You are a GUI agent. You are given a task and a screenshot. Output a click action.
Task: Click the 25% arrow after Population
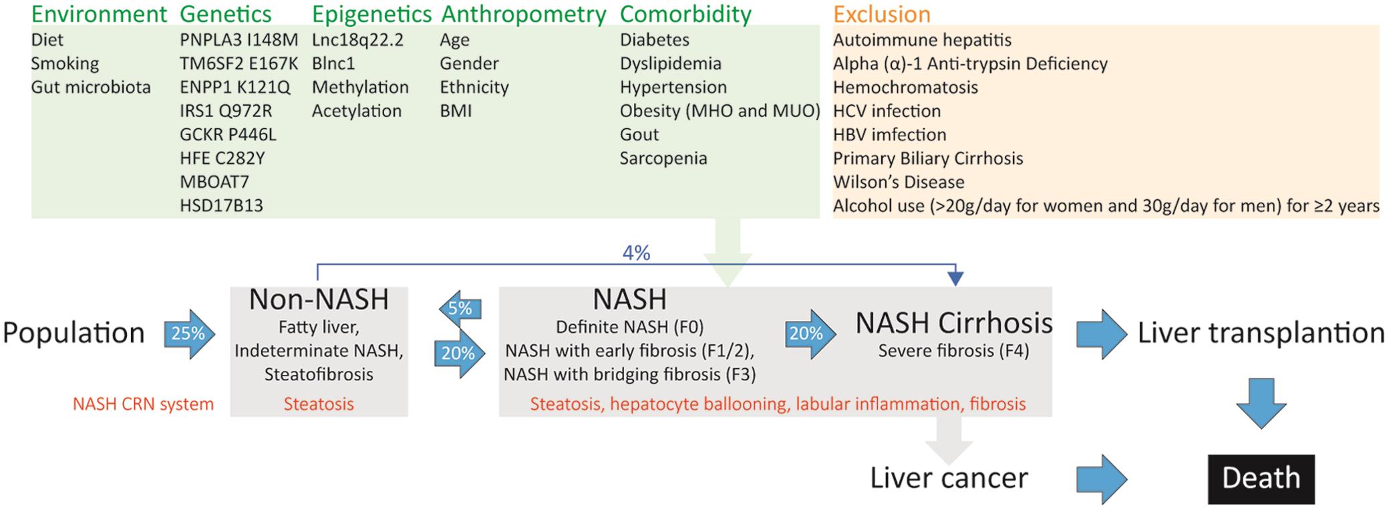[x=190, y=334]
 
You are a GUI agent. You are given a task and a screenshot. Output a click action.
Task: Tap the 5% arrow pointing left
[x=460, y=309]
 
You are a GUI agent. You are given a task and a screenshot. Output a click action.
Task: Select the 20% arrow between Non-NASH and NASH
[x=459, y=354]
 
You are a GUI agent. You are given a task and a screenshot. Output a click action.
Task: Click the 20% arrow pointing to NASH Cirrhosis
[x=810, y=334]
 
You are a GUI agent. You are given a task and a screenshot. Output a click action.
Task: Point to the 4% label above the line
[x=636, y=253]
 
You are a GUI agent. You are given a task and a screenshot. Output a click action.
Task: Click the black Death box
[x=1261, y=479]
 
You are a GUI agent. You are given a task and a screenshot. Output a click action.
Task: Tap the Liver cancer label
[x=949, y=478]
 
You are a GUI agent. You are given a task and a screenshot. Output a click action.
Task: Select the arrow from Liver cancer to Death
[x=1102, y=479]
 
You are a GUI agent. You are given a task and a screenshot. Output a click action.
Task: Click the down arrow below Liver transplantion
[x=1261, y=403]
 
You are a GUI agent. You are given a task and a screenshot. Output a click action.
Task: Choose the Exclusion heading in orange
[x=881, y=14]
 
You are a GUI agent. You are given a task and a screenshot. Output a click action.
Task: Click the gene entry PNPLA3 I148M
[x=239, y=40]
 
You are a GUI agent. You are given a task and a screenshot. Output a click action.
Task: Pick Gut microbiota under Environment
[x=91, y=88]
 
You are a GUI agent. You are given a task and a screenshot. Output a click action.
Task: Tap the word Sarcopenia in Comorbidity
[x=663, y=158]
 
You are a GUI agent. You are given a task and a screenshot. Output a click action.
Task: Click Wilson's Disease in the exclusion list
[x=899, y=182]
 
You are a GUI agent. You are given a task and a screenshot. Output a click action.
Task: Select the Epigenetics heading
[x=371, y=15]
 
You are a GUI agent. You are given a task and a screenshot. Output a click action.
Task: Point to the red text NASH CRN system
[x=143, y=404]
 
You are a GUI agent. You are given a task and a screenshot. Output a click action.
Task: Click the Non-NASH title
[x=319, y=299]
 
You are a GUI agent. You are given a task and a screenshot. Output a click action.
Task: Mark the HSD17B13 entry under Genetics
[x=221, y=206]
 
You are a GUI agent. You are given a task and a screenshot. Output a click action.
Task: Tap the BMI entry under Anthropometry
[x=456, y=111]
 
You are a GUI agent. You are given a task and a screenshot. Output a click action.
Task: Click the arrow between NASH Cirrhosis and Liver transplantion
[x=1102, y=334]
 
